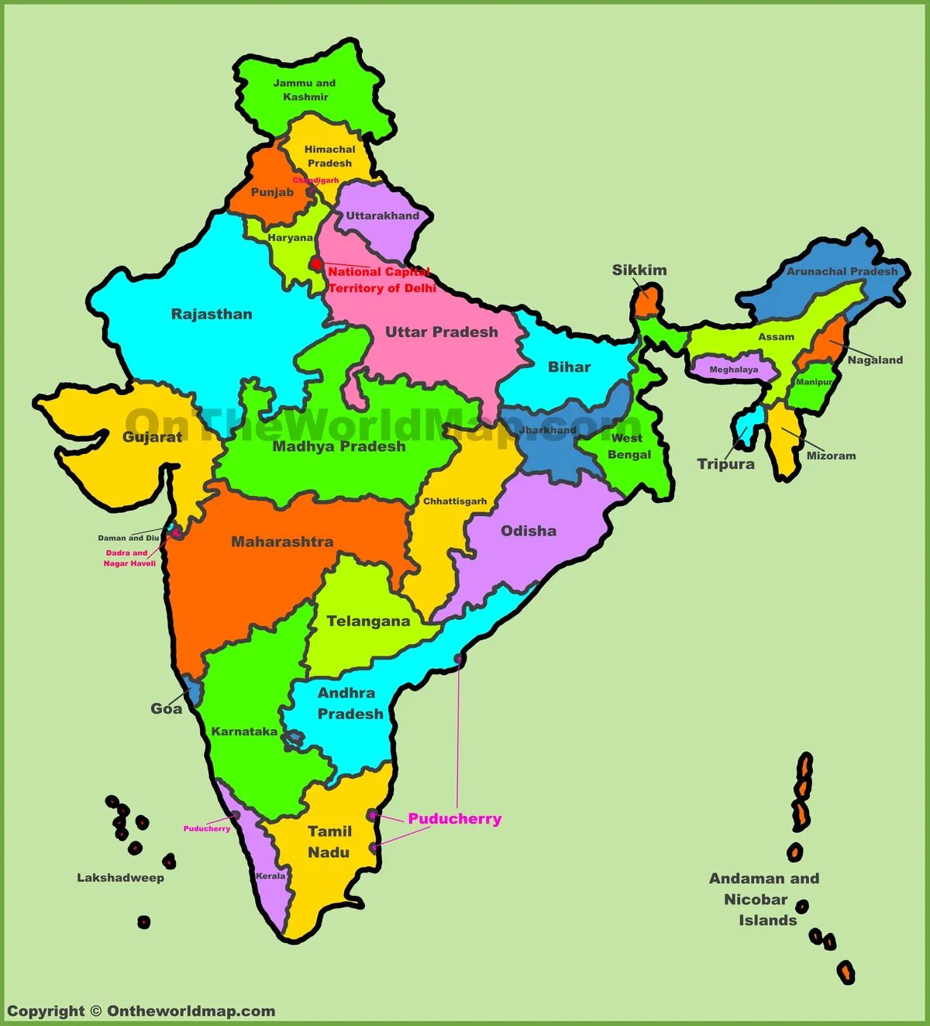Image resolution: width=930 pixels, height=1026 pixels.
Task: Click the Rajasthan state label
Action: pyautogui.click(x=212, y=314)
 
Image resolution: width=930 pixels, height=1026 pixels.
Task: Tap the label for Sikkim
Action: pyautogui.click(x=639, y=270)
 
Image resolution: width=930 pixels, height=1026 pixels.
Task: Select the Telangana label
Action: pyautogui.click(x=368, y=621)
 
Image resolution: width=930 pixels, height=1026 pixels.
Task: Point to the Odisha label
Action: pyautogui.click(x=529, y=531)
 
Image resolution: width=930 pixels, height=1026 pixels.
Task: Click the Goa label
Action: pyautogui.click(x=166, y=708)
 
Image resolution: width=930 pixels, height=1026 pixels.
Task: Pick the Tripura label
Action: pyautogui.click(x=725, y=463)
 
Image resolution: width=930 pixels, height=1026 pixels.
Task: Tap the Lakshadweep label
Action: pyautogui.click(x=120, y=877)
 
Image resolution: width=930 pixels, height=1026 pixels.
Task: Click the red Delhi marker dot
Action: pyautogui.click(x=316, y=264)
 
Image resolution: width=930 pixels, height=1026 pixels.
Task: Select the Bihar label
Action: pyautogui.click(x=569, y=367)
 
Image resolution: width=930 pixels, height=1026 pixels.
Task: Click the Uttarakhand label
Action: pyautogui.click(x=382, y=215)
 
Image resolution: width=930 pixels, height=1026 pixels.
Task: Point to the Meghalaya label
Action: pyautogui.click(x=733, y=370)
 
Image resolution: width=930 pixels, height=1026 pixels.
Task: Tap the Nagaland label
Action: pyautogui.click(x=875, y=360)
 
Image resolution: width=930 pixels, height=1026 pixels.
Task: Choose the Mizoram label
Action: pyautogui.click(x=831, y=456)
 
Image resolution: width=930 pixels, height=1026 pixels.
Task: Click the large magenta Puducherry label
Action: pyautogui.click(x=455, y=818)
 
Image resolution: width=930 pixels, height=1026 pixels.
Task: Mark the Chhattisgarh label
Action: pyautogui.click(x=455, y=501)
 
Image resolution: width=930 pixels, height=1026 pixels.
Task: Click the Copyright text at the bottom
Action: pyautogui.click(x=141, y=1011)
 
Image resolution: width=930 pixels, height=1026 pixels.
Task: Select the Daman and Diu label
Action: pyautogui.click(x=128, y=538)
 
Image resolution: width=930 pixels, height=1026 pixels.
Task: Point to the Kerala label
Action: pyautogui.click(x=270, y=876)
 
